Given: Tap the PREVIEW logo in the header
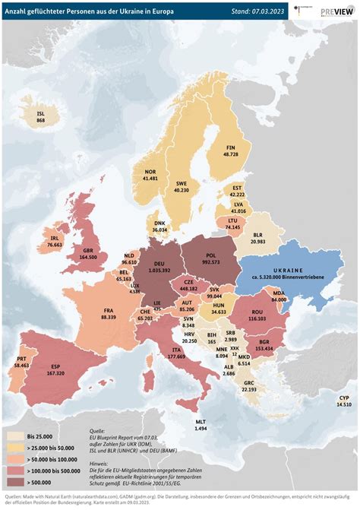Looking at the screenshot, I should tap(336, 11).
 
